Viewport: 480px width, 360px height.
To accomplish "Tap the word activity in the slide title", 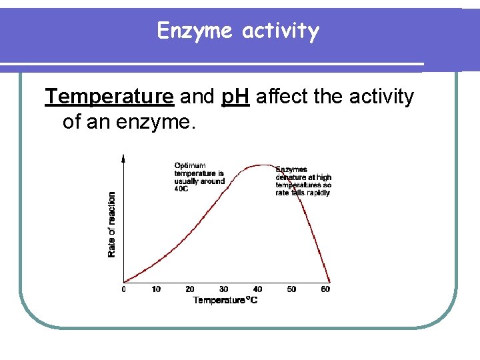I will point(281,31).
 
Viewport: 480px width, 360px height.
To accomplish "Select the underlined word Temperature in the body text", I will point(109,97).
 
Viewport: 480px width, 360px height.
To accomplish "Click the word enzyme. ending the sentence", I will point(159,122).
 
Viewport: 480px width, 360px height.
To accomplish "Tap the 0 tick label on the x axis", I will point(124,289).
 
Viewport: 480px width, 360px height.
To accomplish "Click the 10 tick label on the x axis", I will point(156,289).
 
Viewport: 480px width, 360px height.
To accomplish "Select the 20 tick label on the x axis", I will point(190,289).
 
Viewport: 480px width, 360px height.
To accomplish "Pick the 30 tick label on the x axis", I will point(223,289).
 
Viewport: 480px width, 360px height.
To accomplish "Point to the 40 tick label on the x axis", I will point(257,289).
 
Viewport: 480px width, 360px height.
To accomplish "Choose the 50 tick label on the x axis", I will point(291,289).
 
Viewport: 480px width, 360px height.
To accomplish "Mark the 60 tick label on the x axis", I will point(325,289).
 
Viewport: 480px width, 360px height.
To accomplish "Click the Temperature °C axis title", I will point(225,300).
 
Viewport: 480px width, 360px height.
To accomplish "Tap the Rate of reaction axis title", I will point(111,224).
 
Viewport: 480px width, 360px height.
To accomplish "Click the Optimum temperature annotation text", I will point(199,177).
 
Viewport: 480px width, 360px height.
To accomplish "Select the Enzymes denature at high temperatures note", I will point(303,181).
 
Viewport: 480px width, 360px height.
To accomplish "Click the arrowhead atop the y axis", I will point(124,157).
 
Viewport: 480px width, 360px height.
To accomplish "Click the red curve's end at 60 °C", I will point(329,281).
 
